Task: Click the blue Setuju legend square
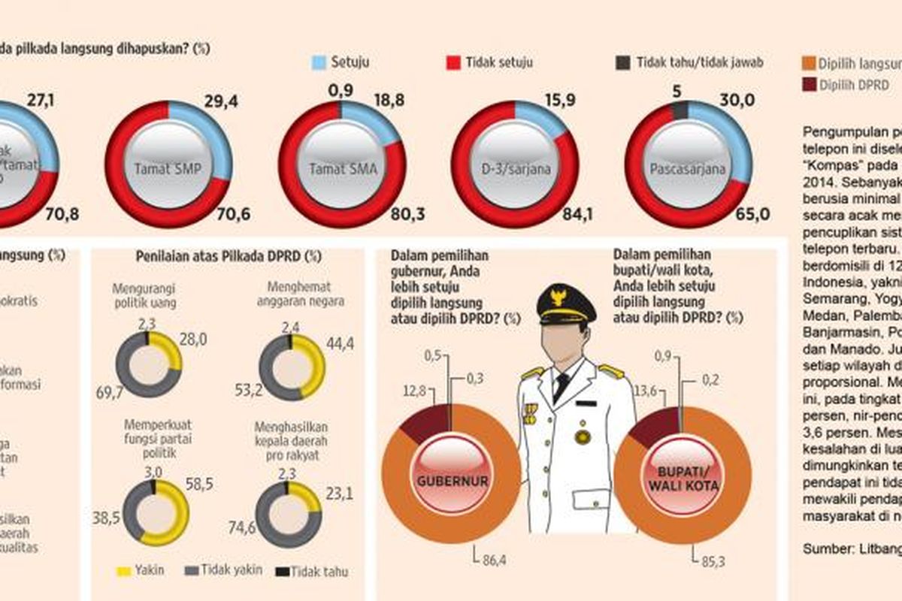pos(318,62)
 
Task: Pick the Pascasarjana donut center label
pos(687,169)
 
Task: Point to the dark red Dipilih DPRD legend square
pos(807,85)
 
